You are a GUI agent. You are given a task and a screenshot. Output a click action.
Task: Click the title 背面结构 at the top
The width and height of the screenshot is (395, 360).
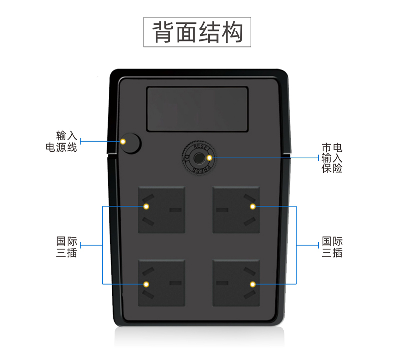[197, 32]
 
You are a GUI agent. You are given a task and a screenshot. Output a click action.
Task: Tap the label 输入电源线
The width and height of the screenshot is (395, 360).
[62, 141]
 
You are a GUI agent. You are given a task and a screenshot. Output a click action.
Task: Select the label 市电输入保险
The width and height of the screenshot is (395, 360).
[332, 158]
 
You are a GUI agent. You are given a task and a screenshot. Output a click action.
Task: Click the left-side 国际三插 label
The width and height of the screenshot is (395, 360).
[66, 246]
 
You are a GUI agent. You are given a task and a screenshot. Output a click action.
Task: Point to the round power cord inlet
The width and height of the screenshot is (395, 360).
[130, 143]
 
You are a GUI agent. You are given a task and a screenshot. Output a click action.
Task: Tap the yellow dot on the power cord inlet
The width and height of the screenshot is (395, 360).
[124, 142]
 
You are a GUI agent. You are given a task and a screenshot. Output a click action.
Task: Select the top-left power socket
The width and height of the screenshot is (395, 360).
[161, 210]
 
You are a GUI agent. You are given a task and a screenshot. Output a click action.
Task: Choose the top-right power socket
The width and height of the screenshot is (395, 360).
[236, 210]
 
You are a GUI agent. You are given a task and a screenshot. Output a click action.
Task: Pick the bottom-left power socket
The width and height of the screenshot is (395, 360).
[161, 283]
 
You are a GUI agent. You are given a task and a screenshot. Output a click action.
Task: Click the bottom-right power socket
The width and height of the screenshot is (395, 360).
[236, 283]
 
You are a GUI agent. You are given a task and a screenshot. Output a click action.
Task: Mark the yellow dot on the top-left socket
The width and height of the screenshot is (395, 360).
[146, 206]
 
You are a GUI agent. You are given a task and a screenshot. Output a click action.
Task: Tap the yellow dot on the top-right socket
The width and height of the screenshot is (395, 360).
[253, 206]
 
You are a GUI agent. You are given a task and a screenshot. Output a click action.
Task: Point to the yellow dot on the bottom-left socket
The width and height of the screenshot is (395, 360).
[146, 284]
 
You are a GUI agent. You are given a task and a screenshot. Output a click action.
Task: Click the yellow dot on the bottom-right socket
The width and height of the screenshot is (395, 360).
[253, 284]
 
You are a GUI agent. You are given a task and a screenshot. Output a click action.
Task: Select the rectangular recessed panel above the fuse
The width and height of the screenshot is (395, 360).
[197, 109]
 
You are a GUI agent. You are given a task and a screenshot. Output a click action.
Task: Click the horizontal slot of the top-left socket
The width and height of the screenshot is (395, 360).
[175, 210]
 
